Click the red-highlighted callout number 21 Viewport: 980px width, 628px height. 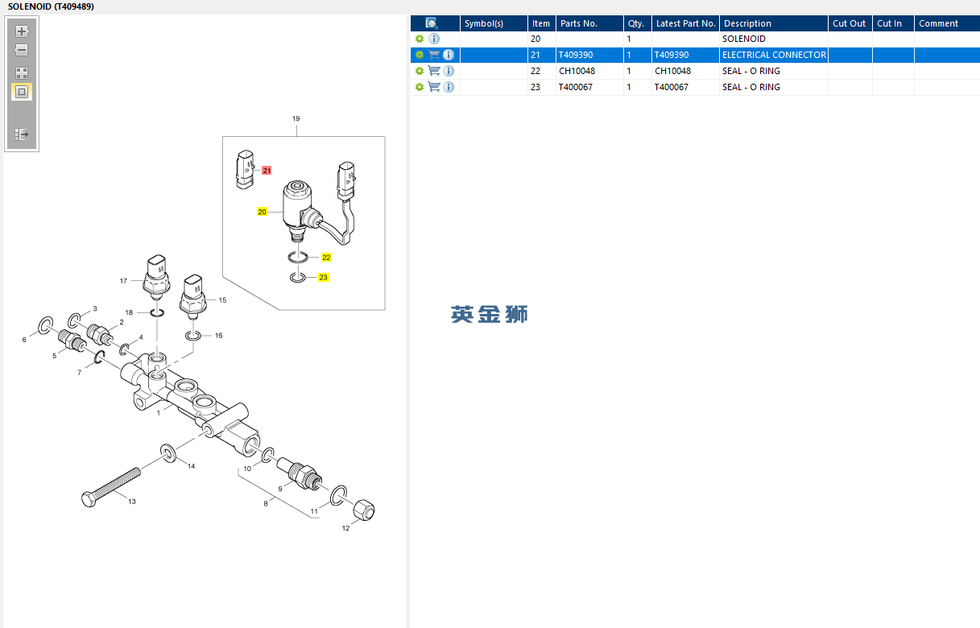(267, 171)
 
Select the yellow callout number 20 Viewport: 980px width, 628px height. (262, 212)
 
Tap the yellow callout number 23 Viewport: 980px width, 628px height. (323, 277)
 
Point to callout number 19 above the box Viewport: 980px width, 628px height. (296, 118)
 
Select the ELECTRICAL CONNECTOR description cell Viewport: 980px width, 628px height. (774, 55)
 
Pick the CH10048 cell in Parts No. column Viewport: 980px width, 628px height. (577, 71)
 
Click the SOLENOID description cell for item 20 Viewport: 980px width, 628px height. (744, 39)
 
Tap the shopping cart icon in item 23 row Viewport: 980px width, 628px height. (434, 87)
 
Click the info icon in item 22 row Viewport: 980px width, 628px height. (449, 71)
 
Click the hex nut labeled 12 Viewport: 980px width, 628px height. (363, 510)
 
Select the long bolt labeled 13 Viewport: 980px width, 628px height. (111, 487)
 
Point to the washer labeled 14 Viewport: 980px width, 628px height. (168, 453)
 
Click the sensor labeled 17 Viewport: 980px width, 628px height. (156, 277)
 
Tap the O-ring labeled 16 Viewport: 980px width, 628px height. (193, 336)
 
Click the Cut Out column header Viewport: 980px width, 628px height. (850, 23)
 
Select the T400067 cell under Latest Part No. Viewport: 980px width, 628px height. (671, 87)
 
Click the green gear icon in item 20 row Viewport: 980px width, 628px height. (420, 39)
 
